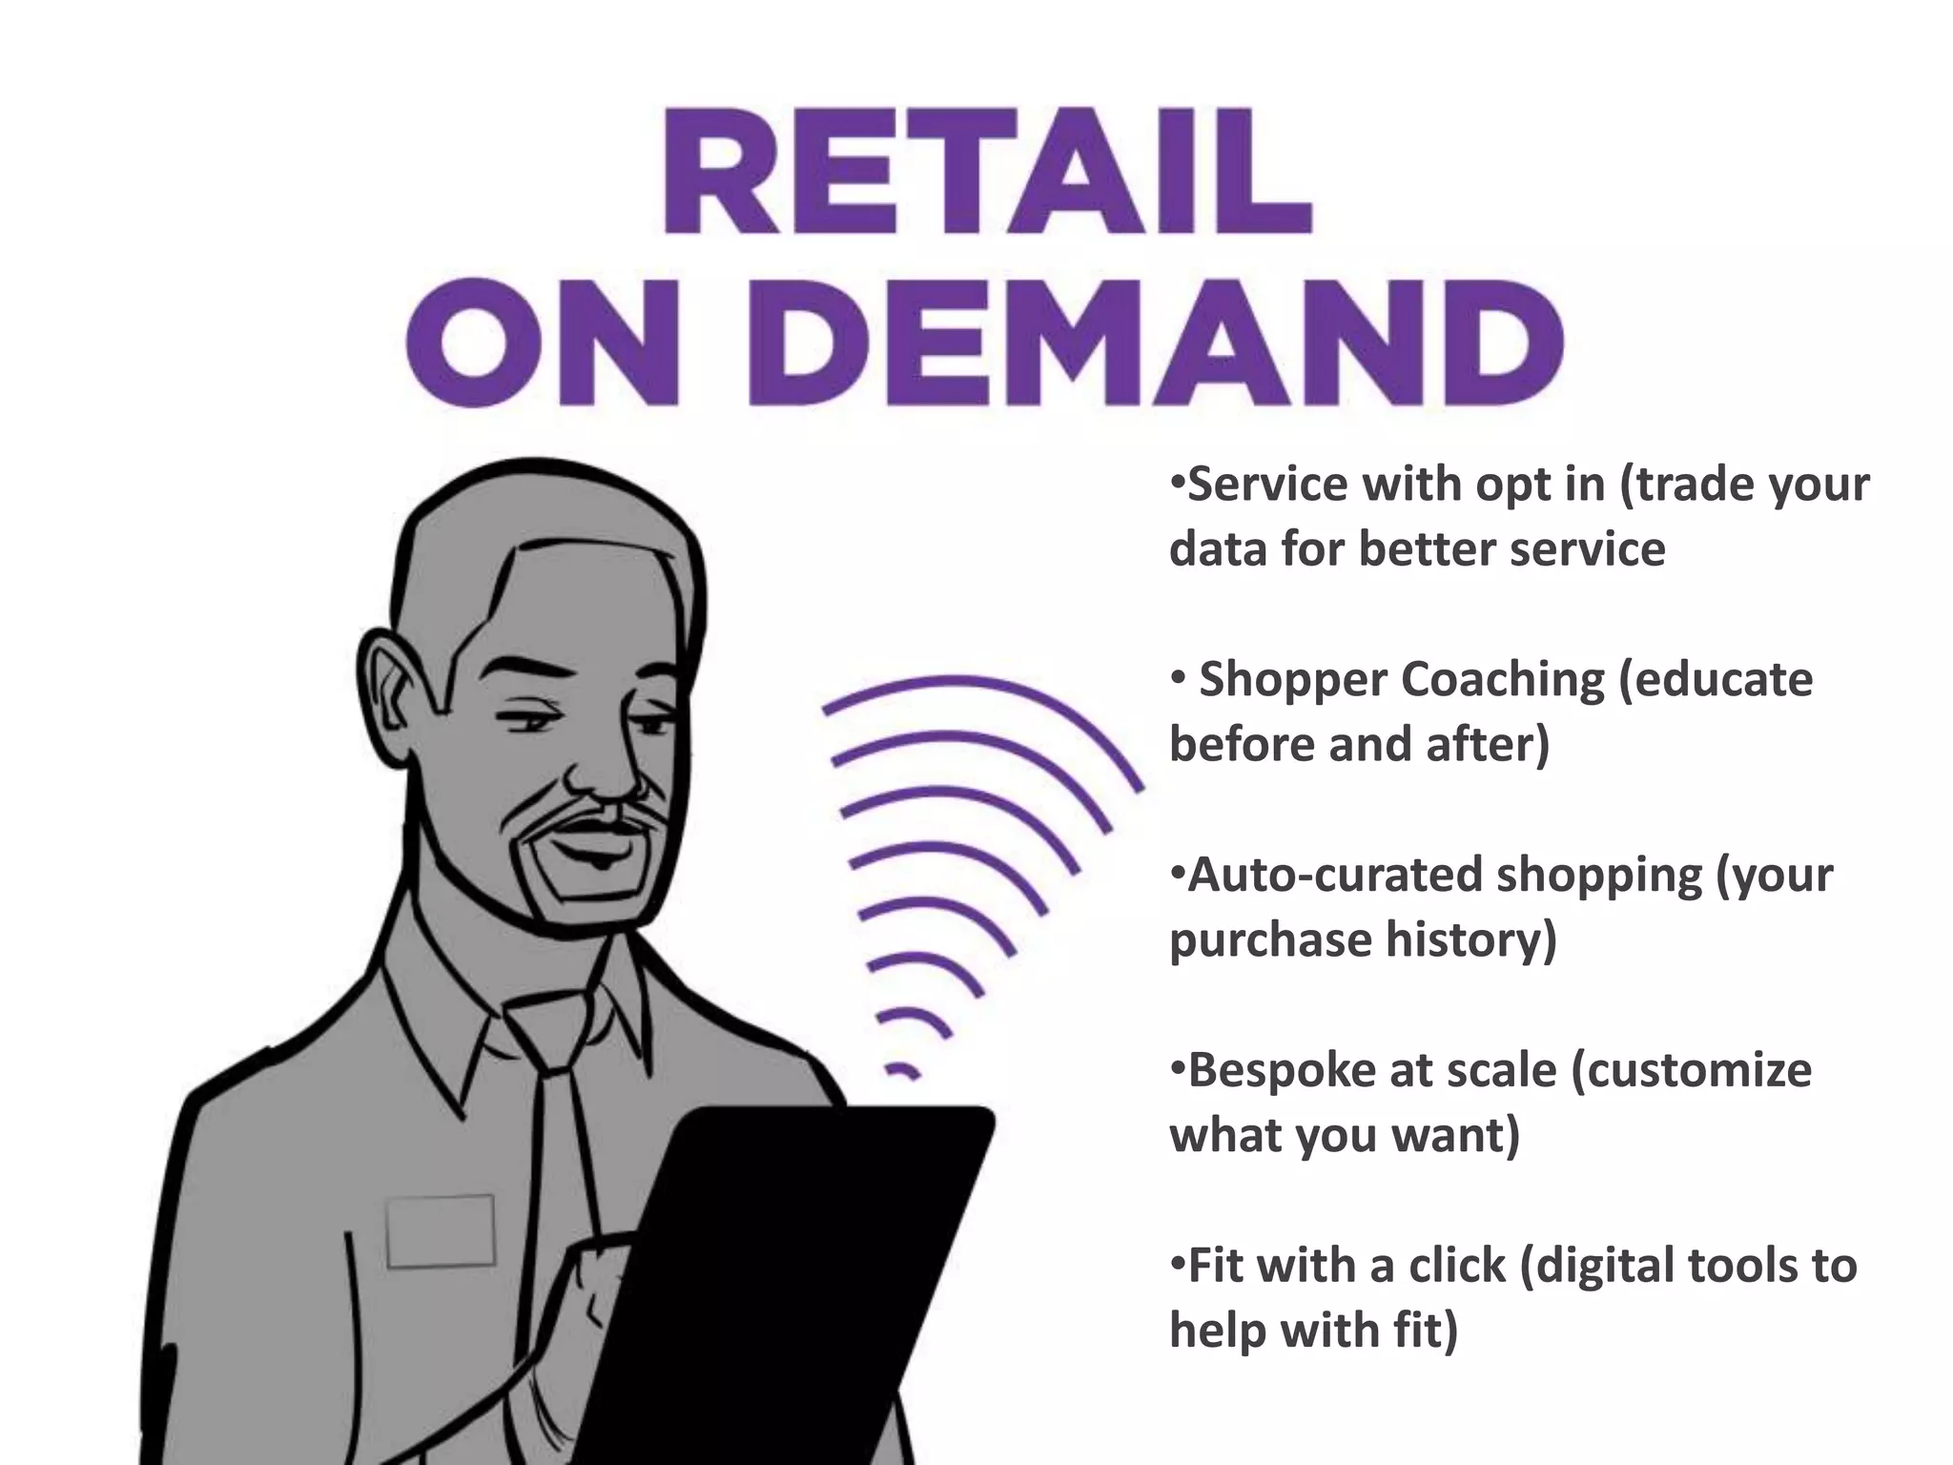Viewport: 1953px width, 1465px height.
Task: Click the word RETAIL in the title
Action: coord(986,173)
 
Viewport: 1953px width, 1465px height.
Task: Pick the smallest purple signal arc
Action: coord(900,1070)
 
